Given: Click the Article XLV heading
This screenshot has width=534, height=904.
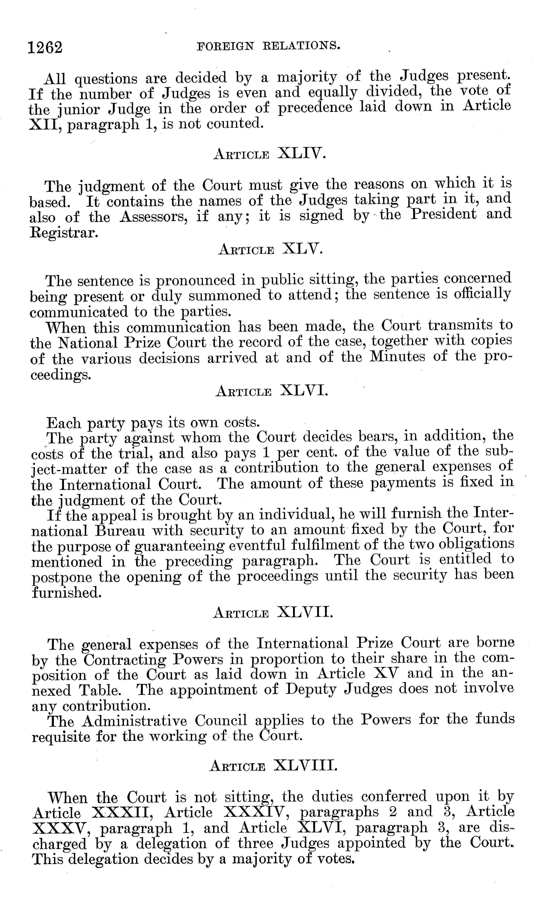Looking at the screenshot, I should [270, 249].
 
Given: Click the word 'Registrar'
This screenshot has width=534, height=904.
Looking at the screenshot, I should [63, 233].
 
